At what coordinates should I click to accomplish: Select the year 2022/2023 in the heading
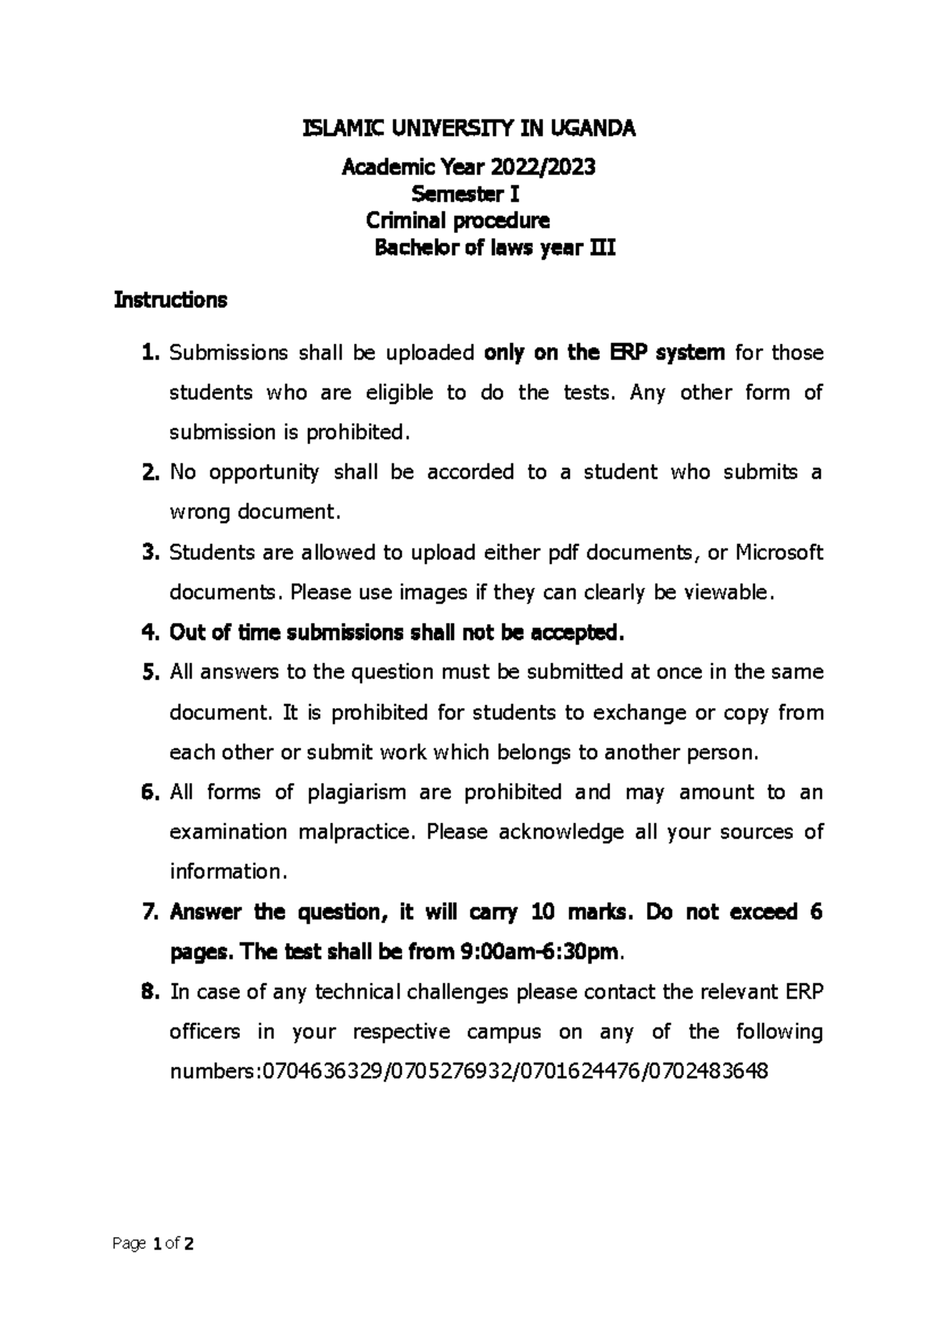(542, 167)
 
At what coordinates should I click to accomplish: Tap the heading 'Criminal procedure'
(458, 220)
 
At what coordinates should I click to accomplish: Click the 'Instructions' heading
(170, 300)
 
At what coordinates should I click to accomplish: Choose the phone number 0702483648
(708, 1071)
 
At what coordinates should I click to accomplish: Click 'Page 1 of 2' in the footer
(153, 1243)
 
